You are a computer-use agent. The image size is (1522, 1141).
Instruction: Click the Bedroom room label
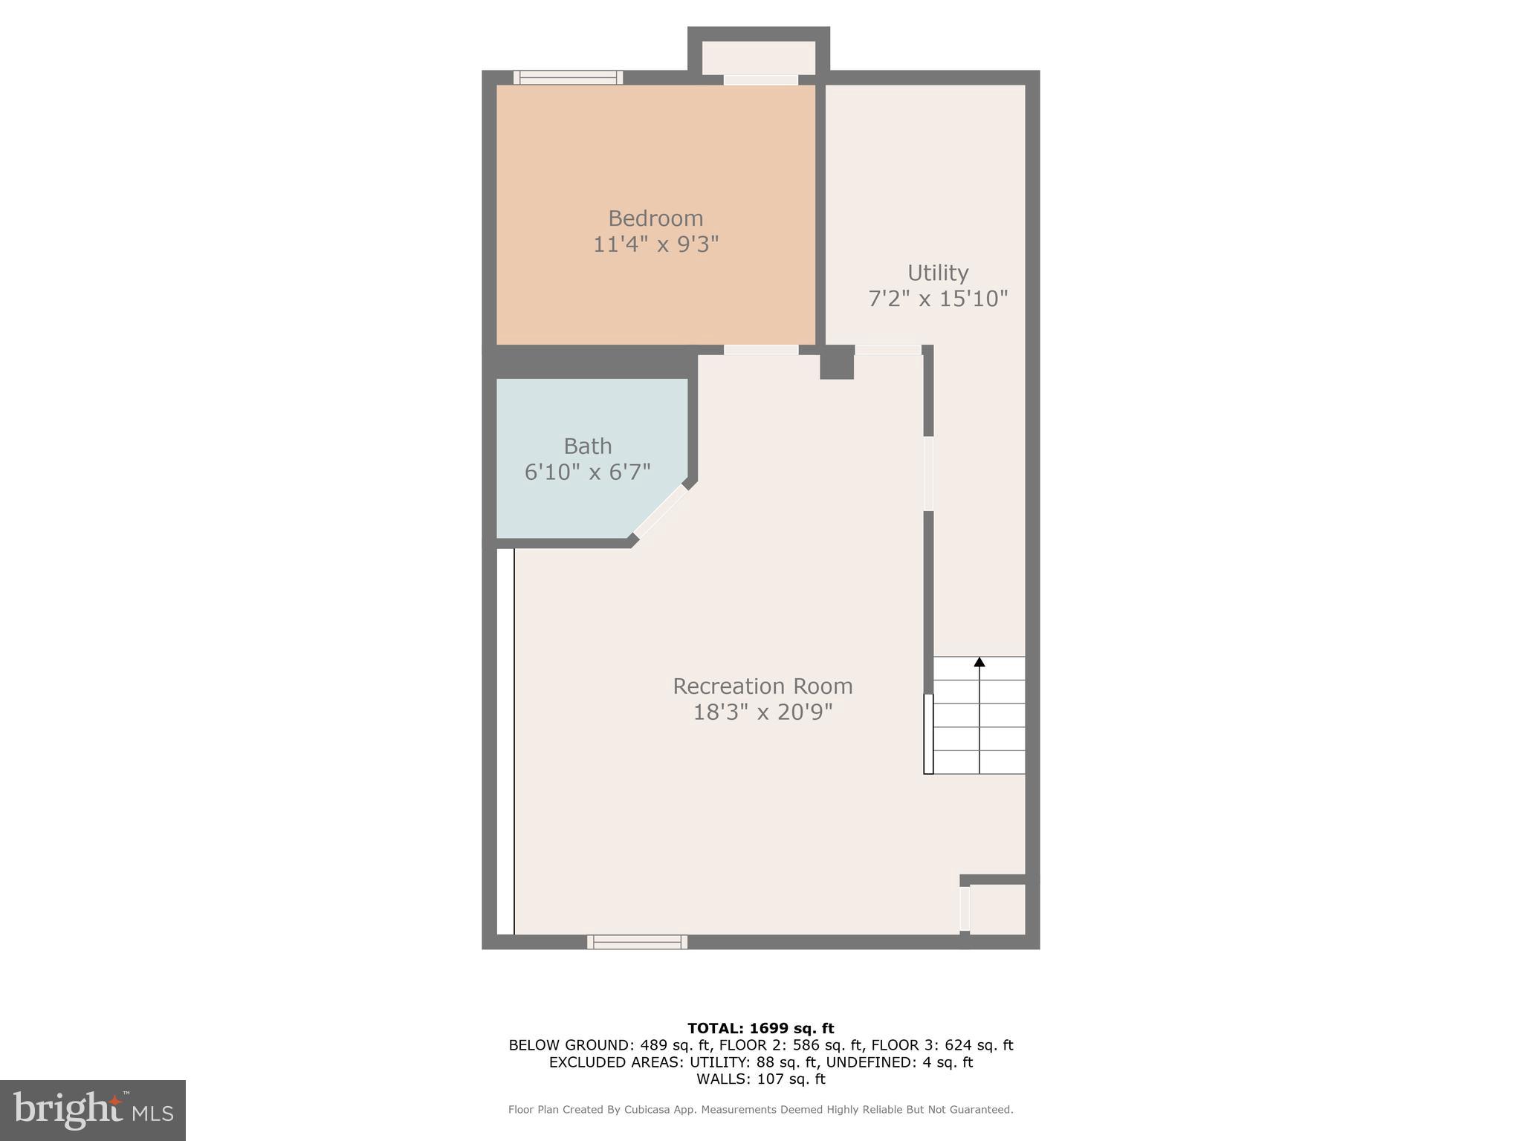coord(655,218)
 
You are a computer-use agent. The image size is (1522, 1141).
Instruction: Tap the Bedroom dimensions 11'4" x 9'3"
coord(655,244)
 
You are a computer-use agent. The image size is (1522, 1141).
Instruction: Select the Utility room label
coord(938,273)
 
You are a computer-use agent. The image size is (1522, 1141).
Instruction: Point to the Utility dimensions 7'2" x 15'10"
coord(938,299)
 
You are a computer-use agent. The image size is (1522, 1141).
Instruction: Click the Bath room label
coord(588,446)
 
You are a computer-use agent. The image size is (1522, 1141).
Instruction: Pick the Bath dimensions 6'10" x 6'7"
coord(588,472)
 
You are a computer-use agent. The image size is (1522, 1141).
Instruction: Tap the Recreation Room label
coord(762,686)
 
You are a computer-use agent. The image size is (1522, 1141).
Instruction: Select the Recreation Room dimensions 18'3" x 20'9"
coord(762,712)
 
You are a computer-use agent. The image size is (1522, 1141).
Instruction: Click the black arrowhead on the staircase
coord(979,662)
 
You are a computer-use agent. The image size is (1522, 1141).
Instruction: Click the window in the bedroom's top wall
coord(568,77)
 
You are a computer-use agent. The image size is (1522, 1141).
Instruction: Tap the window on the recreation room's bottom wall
coord(637,942)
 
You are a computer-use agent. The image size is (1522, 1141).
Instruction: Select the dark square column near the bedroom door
coord(837,363)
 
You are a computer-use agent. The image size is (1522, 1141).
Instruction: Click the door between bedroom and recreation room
coord(761,350)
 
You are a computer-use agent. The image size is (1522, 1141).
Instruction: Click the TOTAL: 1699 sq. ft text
coord(760,1028)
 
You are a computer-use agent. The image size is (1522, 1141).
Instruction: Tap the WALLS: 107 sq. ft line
coord(760,1079)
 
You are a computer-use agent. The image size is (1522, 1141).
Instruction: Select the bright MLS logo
coord(93,1111)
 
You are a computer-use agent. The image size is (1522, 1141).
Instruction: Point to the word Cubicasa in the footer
coord(647,1110)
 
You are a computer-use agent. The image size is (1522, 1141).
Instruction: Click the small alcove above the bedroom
coord(758,57)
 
